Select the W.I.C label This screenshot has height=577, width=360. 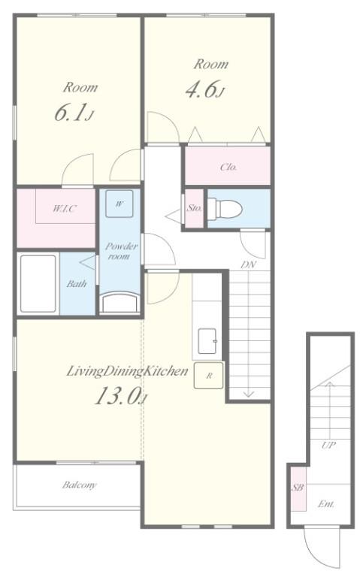(65, 209)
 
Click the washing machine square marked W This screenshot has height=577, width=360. (119, 204)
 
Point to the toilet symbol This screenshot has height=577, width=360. (225, 209)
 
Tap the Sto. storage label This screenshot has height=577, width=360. (194, 208)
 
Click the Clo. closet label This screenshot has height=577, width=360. (228, 167)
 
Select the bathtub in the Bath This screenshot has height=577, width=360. (38, 284)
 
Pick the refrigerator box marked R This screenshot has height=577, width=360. (209, 376)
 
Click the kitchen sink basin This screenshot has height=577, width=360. (208, 341)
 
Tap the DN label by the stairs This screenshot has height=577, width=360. (249, 264)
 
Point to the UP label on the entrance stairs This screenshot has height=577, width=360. (328, 445)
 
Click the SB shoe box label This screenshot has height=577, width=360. (298, 488)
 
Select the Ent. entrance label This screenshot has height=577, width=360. (326, 504)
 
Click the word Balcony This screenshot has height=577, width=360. (79, 485)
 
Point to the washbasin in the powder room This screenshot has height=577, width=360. (119, 302)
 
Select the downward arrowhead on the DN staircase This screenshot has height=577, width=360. (249, 394)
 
